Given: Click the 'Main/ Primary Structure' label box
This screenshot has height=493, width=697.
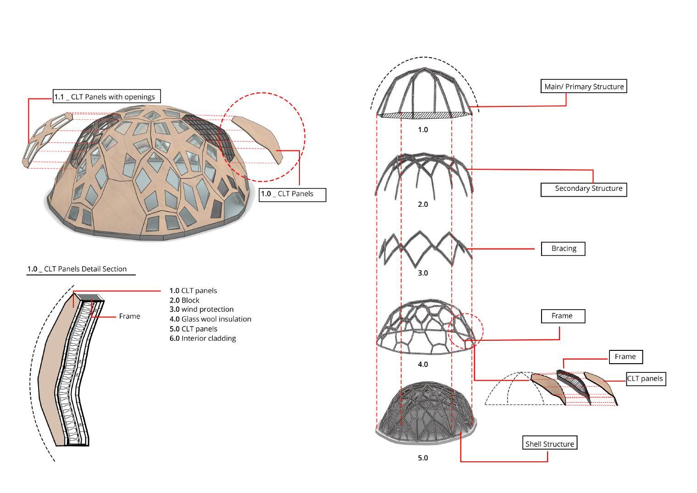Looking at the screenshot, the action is [x=584, y=87].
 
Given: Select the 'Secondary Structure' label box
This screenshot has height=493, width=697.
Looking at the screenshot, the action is [x=584, y=189].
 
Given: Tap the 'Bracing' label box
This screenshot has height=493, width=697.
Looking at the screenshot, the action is [x=564, y=249].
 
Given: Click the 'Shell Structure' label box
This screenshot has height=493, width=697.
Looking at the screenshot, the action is [x=549, y=444].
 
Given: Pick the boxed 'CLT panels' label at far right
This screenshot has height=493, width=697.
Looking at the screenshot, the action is [x=645, y=379].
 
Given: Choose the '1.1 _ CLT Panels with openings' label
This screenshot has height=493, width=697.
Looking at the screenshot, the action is [x=107, y=97].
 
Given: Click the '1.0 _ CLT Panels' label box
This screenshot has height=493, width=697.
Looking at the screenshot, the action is [x=292, y=194].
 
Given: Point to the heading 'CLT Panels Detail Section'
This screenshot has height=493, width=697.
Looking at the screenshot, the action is [x=77, y=269].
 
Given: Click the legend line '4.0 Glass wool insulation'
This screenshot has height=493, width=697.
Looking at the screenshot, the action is [x=210, y=319].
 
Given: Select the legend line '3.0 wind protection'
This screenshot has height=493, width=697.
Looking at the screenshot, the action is [x=201, y=310].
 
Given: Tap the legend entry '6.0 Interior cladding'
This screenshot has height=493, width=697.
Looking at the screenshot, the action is [x=203, y=338].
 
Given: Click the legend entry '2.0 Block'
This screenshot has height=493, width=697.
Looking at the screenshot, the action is [x=184, y=300].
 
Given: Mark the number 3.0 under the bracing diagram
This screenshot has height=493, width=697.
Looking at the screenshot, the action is [x=422, y=273].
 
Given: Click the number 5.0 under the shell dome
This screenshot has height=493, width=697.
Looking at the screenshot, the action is [x=422, y=458].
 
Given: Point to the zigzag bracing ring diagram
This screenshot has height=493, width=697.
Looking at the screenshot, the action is [x=425, y=248].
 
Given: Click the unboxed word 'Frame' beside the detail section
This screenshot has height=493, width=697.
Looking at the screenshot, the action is [x=129, y=316].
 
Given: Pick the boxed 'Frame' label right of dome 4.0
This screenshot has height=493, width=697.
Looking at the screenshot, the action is [x=562, y=316].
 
